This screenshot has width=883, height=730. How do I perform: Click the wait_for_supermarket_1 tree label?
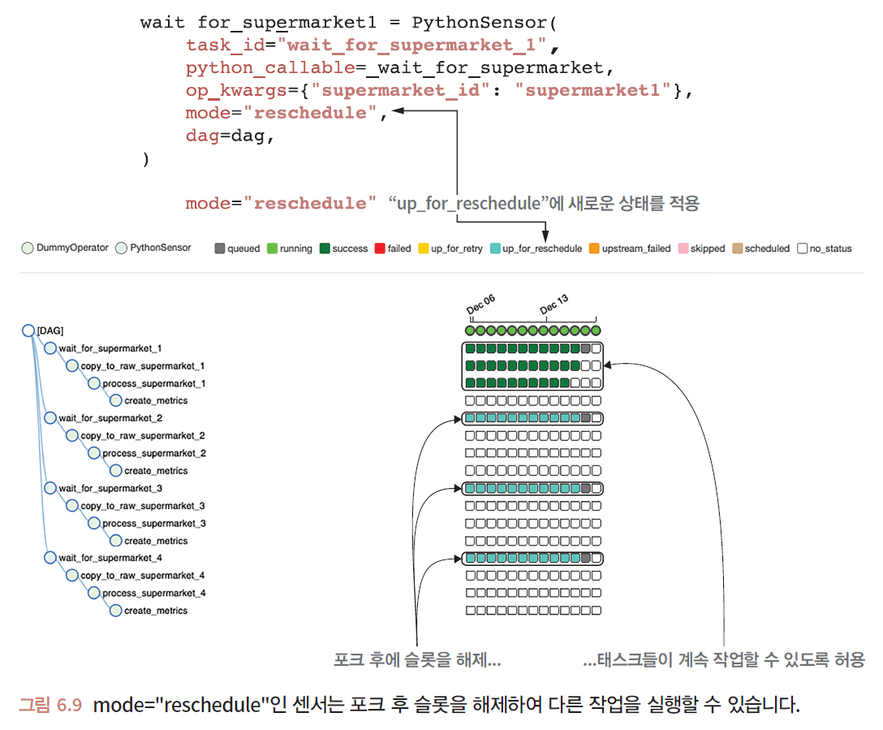pos(110,348)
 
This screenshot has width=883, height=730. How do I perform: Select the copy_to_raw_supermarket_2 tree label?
pos(142,436)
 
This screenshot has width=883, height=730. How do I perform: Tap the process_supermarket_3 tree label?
pos(153,523)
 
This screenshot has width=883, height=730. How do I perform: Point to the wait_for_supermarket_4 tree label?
pos(110,558)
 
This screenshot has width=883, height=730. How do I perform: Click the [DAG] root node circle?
pos(28,330)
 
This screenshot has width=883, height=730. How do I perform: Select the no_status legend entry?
pos(825,248)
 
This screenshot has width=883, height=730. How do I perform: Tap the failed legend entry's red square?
pos(379,248)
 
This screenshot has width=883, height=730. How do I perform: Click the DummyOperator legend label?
pos(71,248)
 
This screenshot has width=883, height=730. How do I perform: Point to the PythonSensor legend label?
pos(160,248)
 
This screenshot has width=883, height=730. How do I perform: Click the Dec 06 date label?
pos(480,305)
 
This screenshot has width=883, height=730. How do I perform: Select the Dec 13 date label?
pos(554,305)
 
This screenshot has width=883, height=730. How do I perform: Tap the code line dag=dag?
pos(230,136)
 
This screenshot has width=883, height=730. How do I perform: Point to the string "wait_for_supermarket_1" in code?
pos(411,45)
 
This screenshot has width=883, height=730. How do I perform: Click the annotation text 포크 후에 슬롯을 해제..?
pos(416,659)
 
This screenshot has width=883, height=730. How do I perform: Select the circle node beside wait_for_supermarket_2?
pos(50,418)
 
